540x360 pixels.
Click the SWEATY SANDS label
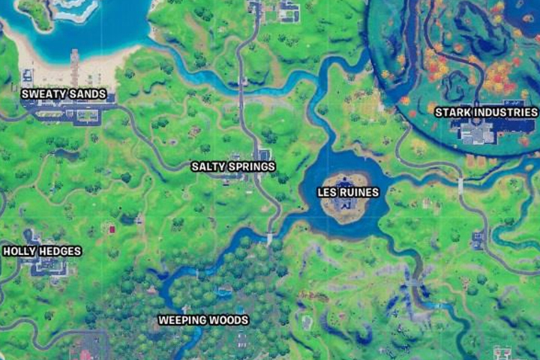pyautogui.click(x=64, y=94)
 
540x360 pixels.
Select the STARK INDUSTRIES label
pyautogui.click(x=487, y=112)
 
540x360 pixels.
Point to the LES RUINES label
pyautogui.click(x=349, y=192)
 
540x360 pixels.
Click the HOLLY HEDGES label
pyautogui.click(x=42, y=250)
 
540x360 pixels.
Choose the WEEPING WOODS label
pyautogui.click(x=203, y=320)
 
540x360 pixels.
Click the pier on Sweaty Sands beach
pyautogui.click(x=75, y=66)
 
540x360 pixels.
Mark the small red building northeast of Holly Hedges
pyautogui.click(x=112, y=229)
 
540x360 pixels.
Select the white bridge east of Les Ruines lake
pyautogui.click(x=460, y=184)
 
